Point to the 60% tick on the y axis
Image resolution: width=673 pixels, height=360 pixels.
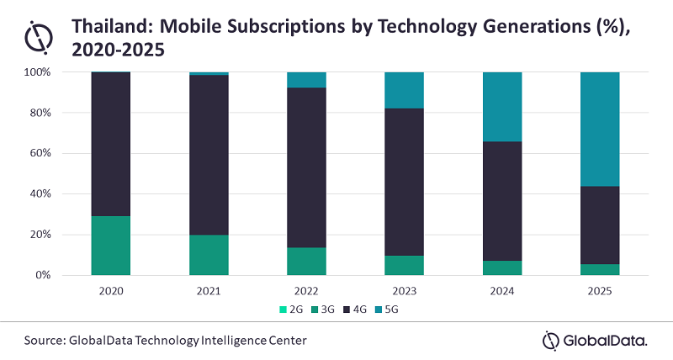click(x=39, y=153)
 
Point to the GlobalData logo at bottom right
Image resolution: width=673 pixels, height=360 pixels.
click(x=596, y=340)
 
